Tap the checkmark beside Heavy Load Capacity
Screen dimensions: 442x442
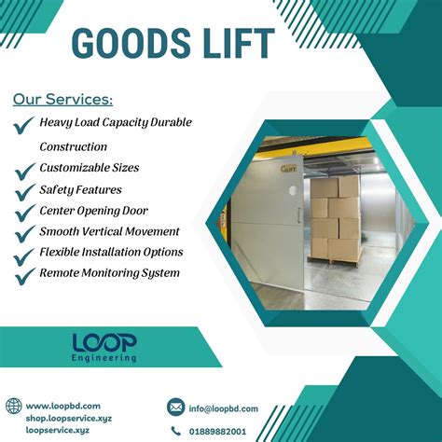click(x=24, y=124)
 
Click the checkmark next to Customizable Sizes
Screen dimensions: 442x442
click(x=24, y=170)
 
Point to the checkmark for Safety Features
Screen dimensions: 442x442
click(x=24, y=191)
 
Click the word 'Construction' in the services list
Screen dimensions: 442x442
click(x=73, y=146)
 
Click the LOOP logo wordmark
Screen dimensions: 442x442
click(x=104, y=342)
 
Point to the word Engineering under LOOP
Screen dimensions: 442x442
click(x=104, y=358)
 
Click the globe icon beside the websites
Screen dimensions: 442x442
click(x=13, y=407)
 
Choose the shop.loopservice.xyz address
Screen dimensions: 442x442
click(x=69, y=418)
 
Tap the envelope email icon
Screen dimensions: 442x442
click(x=176, y=407)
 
